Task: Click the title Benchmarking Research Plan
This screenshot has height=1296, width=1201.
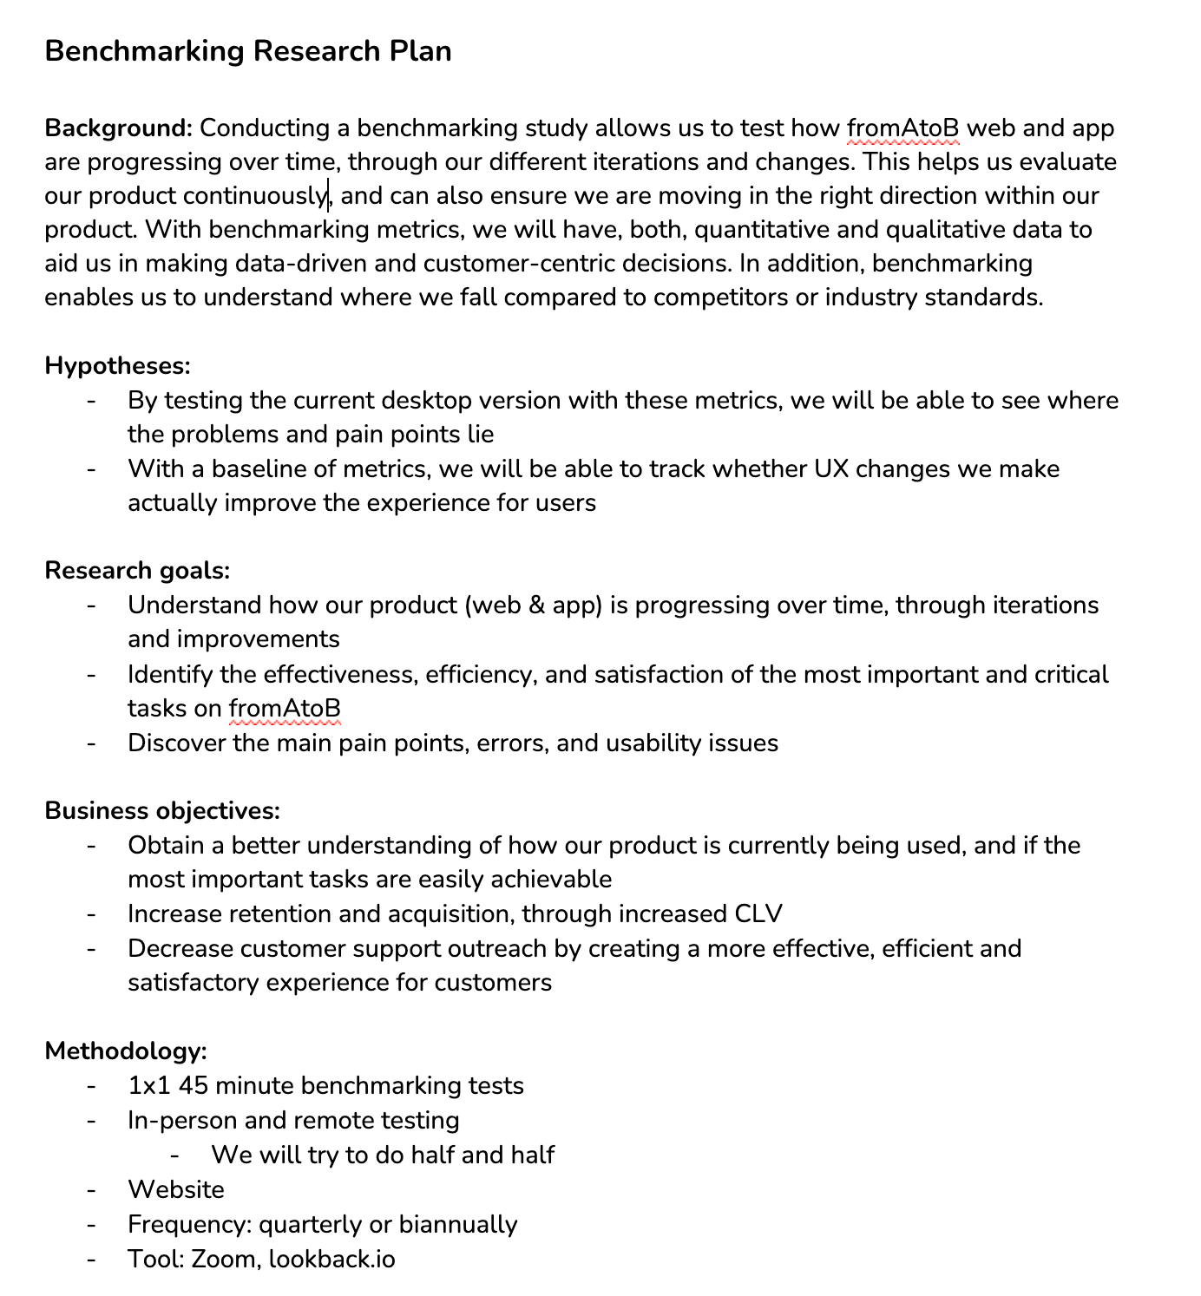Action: click(x=247, y=51)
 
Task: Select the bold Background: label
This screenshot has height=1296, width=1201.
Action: click(x=118, y=128)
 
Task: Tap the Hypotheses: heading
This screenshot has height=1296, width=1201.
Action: click(x=117, y=366)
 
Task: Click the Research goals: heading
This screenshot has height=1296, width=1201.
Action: click(x=137, y=571)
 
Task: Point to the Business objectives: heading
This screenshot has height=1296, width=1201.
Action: click(x=162, y=811)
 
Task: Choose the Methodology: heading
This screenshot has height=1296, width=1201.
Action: click(x=126, y=1051)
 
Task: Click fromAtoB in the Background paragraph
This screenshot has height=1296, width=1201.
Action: click(x=903, y=128)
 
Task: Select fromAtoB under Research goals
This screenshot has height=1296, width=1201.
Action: click(x=285, y=709)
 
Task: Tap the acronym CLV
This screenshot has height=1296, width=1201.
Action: click(x=758, y=914)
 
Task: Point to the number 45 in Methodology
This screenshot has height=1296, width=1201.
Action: click(x=193, y=1086)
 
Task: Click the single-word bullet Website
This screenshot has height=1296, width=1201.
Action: click(x=176, y=1190)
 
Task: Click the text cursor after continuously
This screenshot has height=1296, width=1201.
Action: click(x=328, y=196)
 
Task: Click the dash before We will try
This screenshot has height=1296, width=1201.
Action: click(x=175, y=1155)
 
